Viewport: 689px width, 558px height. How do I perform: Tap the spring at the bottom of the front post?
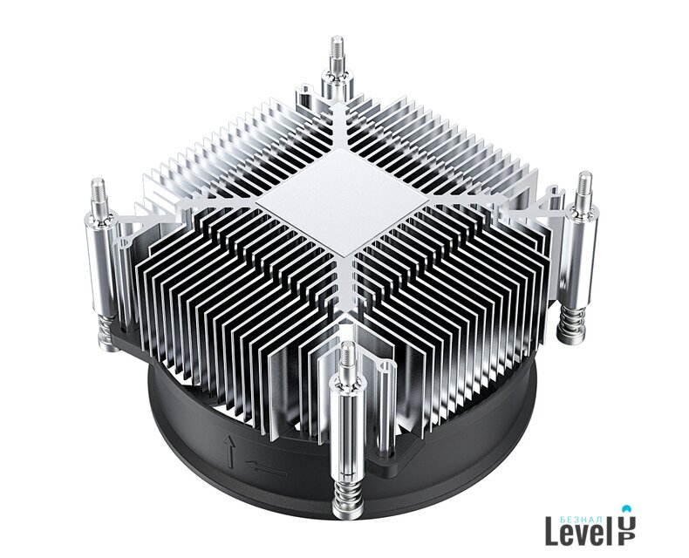pyautogui.click(x=346, y=497)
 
